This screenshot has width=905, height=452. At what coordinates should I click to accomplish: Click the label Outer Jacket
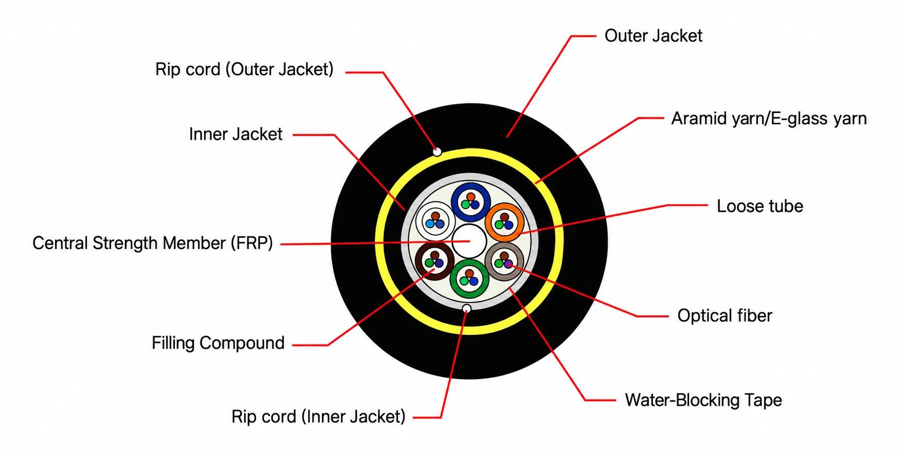653,36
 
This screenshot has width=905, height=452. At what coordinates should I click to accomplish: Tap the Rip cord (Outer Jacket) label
244,69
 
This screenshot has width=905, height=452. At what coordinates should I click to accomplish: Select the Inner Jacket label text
236,134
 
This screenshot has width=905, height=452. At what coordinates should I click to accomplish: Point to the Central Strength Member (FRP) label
153,243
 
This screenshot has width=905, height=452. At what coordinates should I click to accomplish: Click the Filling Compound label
218,343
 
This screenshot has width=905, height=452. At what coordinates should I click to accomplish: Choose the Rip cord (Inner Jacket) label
318,416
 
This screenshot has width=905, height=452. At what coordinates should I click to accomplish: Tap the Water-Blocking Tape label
703,400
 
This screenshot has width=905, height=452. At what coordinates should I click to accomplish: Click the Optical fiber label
725,315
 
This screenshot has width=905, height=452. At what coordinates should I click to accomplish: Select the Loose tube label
760,206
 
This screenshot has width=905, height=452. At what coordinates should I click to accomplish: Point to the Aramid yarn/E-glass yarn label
769,118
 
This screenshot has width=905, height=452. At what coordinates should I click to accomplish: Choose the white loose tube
436,222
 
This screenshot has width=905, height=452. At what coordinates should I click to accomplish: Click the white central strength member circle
469,241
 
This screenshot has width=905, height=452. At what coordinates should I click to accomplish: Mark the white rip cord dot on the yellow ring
437,151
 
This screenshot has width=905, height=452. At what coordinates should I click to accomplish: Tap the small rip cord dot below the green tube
466,308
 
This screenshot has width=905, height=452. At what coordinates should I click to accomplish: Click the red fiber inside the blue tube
471,197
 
